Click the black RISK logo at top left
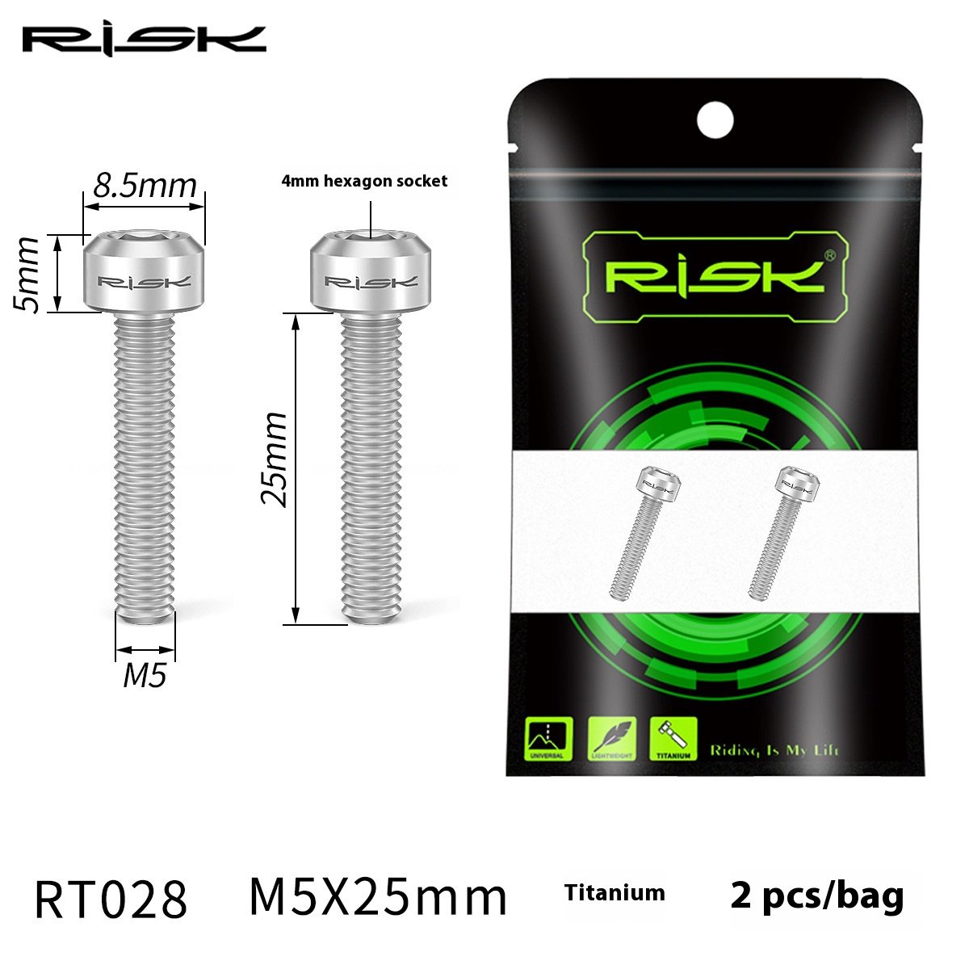click(x=144, y=40)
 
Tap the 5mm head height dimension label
click(x=29, y=275)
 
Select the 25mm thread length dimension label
click(x=275, y=459)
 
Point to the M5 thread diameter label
click(x=145, y=674)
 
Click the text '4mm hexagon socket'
click(x=363, y=181)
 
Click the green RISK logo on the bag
click(x=715, y=275)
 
